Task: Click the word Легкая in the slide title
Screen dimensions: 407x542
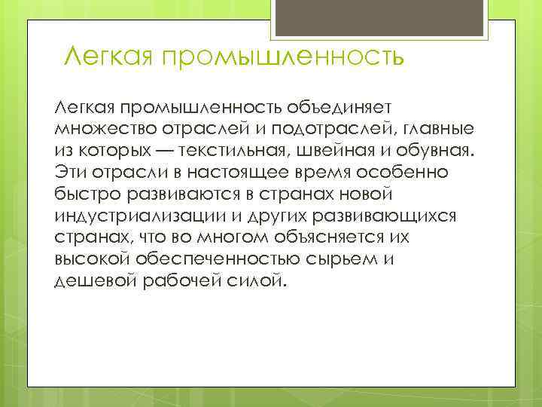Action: pyautogui.click(x=105, y=55)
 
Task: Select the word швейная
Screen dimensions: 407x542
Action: pyautogui.click(x=356, y=150)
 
